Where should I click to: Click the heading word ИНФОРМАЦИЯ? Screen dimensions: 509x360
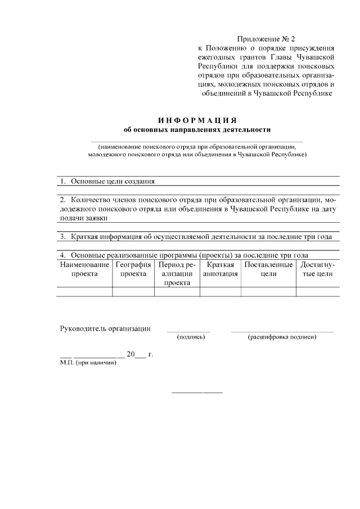tap(196, 121)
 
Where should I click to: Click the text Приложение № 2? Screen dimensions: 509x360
tap(267, 39)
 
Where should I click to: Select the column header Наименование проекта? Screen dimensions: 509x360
tap(84, 269)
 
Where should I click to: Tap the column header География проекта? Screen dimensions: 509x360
tap(133, 269)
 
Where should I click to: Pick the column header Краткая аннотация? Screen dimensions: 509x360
tap(220, 269)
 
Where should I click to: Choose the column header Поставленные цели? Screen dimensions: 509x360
tap(268, 269)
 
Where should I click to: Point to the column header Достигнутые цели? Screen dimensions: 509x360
tap(317, 269)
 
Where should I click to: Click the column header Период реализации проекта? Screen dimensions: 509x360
tap(177, 273)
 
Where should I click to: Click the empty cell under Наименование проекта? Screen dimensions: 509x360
tap(84, 291)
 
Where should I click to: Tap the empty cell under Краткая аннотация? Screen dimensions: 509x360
tap(220, 291)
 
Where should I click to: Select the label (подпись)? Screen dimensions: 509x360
tap(191, 337)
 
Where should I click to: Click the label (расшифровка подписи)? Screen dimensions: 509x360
tap(282, 337)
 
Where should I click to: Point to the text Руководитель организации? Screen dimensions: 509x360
tap(105, 328)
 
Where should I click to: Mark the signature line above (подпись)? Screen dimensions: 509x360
tap(188, 332)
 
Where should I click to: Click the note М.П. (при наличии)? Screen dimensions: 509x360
tap(88, 363)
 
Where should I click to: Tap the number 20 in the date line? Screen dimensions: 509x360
tap(131, 354)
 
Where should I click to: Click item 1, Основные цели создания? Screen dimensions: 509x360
tap(107, 182)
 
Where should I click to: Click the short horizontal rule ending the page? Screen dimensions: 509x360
tap(197, 392)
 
